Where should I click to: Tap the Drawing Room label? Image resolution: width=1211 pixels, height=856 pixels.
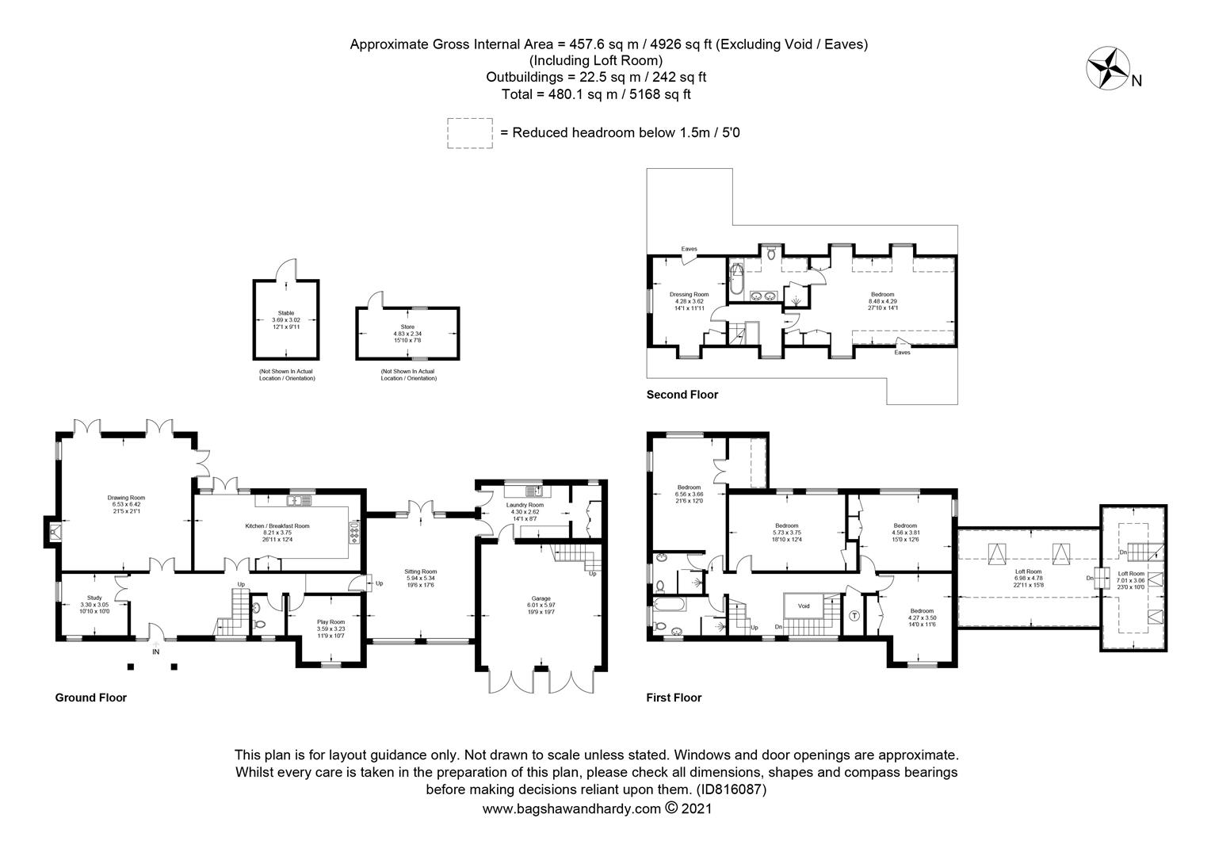127,498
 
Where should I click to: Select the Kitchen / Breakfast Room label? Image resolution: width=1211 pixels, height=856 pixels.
277,525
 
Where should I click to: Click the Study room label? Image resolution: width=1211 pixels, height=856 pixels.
94,598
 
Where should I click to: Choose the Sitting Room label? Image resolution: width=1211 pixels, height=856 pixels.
420,571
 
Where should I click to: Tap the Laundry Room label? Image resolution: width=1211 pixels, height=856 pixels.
525,505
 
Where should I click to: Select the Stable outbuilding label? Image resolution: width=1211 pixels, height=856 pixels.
286,313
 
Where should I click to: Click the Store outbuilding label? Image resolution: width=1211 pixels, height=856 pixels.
407,327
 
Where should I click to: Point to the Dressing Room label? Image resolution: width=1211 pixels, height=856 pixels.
689,294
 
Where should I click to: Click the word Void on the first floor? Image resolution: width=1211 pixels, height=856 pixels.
804,606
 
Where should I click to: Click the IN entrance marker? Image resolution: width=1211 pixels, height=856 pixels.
155,652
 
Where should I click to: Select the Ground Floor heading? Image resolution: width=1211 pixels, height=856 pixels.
90,698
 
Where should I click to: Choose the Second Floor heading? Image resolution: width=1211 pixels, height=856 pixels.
682,395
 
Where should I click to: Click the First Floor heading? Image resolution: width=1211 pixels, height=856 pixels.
674,698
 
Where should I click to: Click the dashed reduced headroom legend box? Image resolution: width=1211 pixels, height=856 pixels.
471,132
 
